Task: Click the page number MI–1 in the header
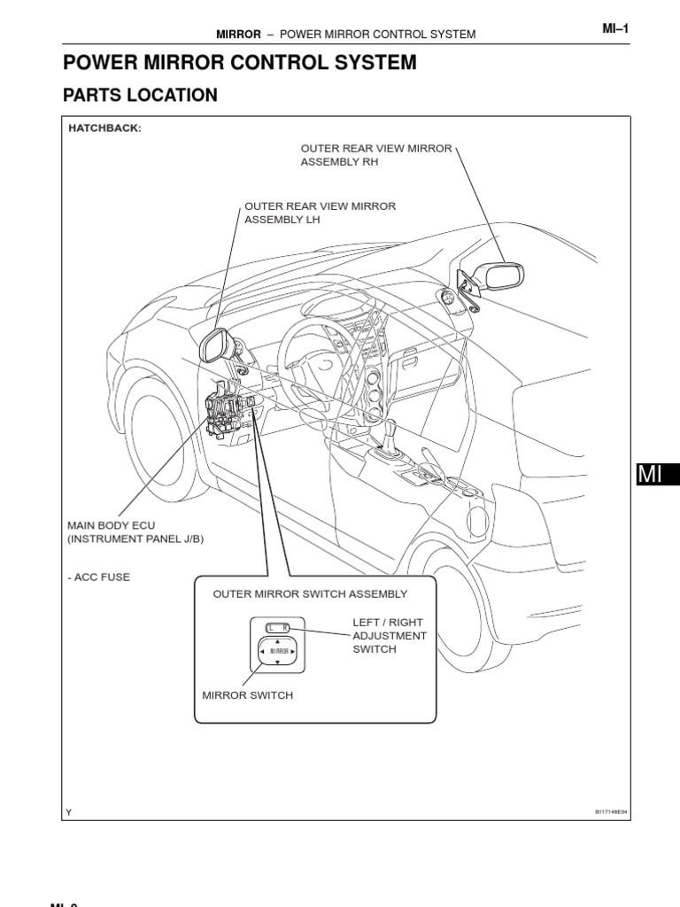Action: pos(614,29)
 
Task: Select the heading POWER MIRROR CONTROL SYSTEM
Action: pos(239,63)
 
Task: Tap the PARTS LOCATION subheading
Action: pos(140,95)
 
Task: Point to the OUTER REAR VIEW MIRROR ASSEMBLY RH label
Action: pos(376,155)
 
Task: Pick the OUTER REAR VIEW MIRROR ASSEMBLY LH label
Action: pos(320,213)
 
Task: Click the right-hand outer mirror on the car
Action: pos(500,275)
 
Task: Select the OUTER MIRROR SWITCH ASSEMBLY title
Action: pos(310,593)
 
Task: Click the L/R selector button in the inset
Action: pos(278,628)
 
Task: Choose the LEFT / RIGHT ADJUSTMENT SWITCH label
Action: pos(390,636)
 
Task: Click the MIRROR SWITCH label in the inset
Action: pos(248,695)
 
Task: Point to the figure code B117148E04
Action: pos(610,811)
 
